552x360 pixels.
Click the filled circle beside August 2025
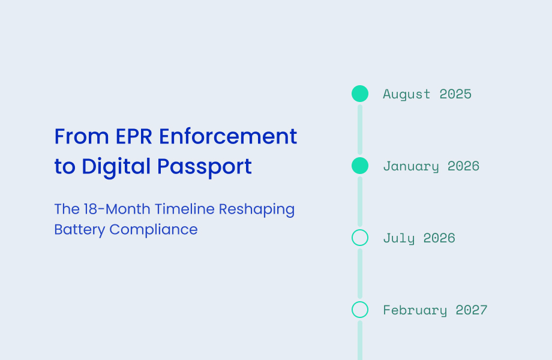pos(360,94)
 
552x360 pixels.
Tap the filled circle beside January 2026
pos(360,166)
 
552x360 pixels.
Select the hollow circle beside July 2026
pos(360,238)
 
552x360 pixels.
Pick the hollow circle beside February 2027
pos(360,310)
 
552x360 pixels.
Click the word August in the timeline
pos(407,94)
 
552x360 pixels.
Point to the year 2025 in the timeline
pos(455,94)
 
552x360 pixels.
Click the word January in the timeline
pos(411,166)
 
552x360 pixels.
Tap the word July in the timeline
pos(399,238)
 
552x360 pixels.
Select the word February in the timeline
pos(415,310)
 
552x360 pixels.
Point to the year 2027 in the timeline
pos(472,310)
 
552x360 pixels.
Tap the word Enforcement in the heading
pos(228,137)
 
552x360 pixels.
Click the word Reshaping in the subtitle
pos(257,210)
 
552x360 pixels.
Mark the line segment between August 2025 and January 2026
pos(360,130)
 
